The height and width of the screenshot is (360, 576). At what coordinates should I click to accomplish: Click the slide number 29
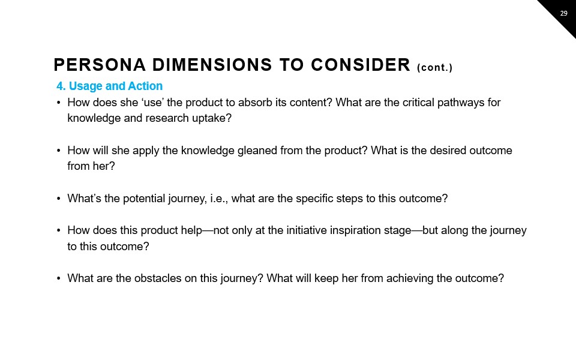563,13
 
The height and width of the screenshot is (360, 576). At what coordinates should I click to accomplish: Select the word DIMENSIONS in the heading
212,65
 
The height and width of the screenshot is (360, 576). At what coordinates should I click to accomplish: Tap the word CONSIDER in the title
361,65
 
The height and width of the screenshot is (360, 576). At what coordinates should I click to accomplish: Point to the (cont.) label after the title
434,68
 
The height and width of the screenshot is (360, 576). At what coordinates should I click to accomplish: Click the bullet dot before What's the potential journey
59,199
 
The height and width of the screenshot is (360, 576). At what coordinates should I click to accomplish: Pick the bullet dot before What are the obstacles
59,278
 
